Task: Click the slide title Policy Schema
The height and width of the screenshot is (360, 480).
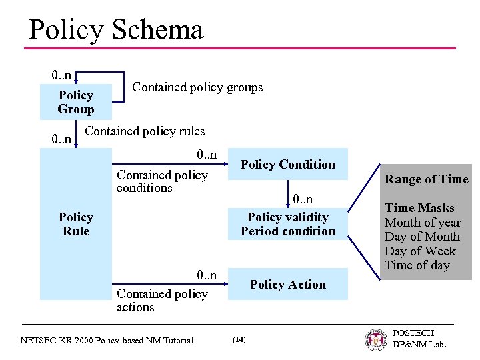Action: [x=116, y=30]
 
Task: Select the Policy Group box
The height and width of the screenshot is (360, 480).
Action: [x=75, y=102]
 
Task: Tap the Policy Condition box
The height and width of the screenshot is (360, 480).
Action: [x=287, y=165]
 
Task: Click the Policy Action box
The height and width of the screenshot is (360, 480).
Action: [x=287, y=285]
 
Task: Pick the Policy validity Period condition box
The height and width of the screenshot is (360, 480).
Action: [x=287, y=224]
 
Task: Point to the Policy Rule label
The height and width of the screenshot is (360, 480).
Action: [x=75, y=224]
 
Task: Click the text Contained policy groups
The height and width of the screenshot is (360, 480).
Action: [x=197, y=87]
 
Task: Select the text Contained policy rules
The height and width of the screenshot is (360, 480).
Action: [x=145, y=131]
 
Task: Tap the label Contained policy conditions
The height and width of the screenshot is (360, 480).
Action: [x=162, y=181]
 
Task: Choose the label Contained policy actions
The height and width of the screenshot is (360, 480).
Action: [x=162, y=300]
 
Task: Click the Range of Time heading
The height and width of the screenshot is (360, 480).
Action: [x=426, y=179]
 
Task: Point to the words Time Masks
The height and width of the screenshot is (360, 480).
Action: [x=419, y=208]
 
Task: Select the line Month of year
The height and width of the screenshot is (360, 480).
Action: [x=423, y=223]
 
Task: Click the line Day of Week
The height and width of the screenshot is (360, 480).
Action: [x=420, y=251]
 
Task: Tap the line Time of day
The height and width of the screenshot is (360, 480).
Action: [x=417, y=265]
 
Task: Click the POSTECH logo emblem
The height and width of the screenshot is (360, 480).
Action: [x=376, y=339]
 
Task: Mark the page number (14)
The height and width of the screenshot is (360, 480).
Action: [x=239, y=340]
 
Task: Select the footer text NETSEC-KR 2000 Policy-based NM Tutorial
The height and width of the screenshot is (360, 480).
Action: [x=107, y=340]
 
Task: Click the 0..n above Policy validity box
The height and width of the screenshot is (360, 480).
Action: [x=302, y=199]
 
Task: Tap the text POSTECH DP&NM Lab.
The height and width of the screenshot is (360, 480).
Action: [x=419, y=339]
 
